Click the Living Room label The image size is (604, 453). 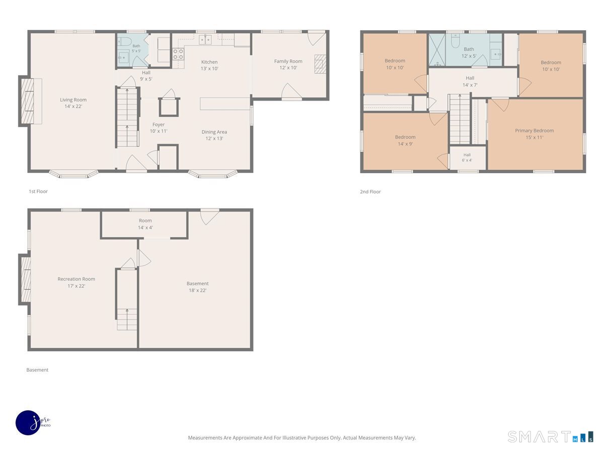[x=73, y=103]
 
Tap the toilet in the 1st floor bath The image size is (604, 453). [x=125, y=42]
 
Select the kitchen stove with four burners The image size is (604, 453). [x=178, y=54]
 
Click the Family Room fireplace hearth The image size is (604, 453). [x=320, y=64]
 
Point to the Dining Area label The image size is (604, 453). [x=214, y=135]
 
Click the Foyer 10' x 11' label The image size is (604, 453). [x=159, y=128]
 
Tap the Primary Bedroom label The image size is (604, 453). [x=535, y=134]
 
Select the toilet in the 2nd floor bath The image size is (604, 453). [x=456, y=40]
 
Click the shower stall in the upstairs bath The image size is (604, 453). [x=437, y=50]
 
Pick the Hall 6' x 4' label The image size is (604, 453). [x=467, y=158]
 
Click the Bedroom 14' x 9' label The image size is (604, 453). [x=405, y=140]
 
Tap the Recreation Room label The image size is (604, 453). [x=76, y=282]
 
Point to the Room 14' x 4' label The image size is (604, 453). [x=145, y=224]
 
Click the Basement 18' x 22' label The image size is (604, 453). [x=198, y=286]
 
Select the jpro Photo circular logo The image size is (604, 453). [x=28, y=423]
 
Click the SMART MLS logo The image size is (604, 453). [x=550, y=437]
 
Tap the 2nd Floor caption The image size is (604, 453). [x=370, y=192]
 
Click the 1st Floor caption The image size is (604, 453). [x=38, y=191]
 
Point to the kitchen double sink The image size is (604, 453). [x=205, y=40]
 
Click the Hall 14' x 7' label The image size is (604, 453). [x=470, y=82]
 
